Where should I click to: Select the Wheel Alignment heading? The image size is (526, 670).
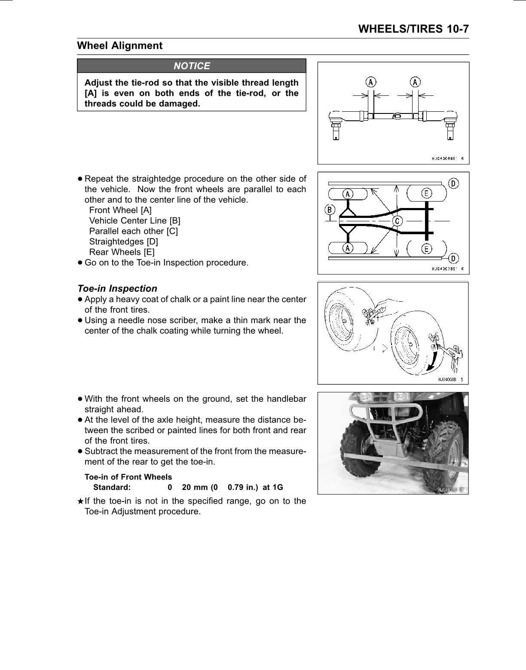(119, 46)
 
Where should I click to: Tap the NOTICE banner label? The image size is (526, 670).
(192, 66)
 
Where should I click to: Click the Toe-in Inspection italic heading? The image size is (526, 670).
(117, 288)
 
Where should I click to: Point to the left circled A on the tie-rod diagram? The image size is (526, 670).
(370, 81)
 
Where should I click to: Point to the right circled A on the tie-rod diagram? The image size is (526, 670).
(415, 81)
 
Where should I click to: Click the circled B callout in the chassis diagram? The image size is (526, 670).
(330, 210)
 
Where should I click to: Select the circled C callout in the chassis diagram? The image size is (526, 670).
(398, 220)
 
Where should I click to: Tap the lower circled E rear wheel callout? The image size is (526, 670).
(426, 248)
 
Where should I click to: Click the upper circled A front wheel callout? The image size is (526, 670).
(348, 194)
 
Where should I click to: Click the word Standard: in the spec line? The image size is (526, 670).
(112, 487)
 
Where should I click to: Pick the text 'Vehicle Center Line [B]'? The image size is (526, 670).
(135, 220)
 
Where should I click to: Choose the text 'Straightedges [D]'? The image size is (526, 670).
(123, 242)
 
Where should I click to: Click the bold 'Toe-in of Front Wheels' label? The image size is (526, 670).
(128, 477)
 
